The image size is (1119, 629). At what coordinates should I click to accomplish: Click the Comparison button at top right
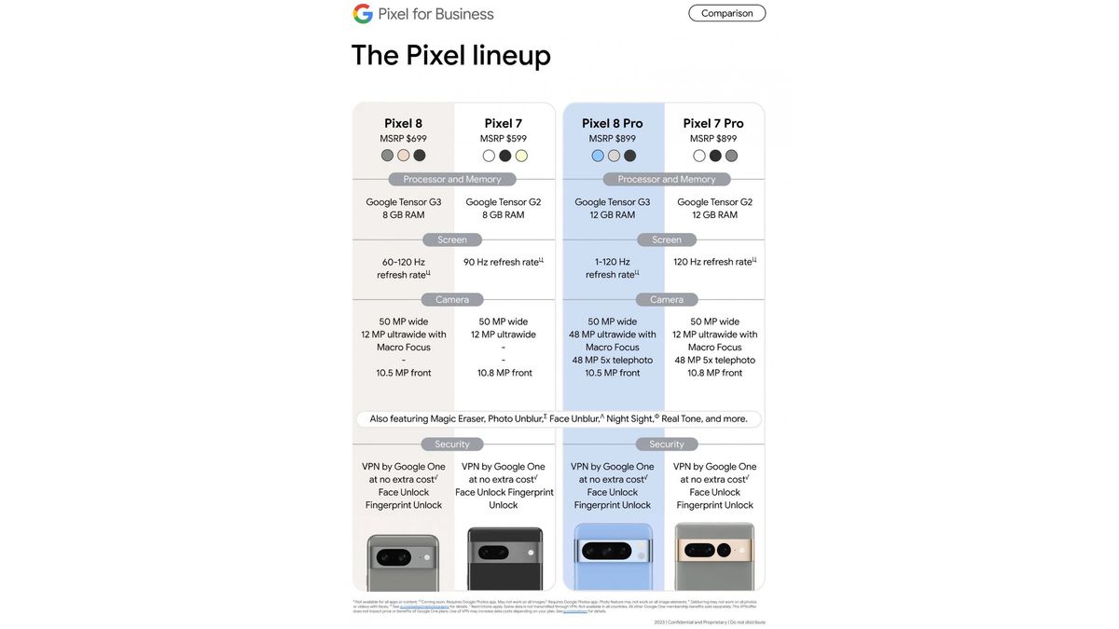(726, 13)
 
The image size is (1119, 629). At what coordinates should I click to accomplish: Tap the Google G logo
(363, 14)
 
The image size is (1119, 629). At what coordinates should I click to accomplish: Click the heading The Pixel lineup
(450, 55)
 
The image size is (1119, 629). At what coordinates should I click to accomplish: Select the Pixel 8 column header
(403, 123)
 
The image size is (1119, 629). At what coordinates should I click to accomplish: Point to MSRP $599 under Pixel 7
(504, 139)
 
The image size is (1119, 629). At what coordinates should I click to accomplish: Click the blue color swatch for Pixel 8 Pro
(598, 156)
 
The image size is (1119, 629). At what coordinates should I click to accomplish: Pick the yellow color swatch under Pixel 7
(521, 156)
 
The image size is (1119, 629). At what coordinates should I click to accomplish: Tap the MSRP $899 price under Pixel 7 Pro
(713, 139)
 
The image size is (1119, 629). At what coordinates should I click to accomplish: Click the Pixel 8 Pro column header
(613, 123)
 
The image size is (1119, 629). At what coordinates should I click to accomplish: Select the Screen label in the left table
(452, 239)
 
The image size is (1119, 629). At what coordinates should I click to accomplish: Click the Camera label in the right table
(667, 299)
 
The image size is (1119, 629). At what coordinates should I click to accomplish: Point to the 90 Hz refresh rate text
(502, 262)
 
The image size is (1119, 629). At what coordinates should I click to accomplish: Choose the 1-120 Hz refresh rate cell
(612, 268)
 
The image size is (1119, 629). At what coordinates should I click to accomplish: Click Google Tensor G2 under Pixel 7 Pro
(714, 202)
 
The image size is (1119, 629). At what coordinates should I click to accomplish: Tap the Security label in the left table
(452, 444)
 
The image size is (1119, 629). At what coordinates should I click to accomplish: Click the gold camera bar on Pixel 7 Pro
(714, 550)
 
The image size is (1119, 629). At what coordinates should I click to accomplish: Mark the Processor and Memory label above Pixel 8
(452, 179)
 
